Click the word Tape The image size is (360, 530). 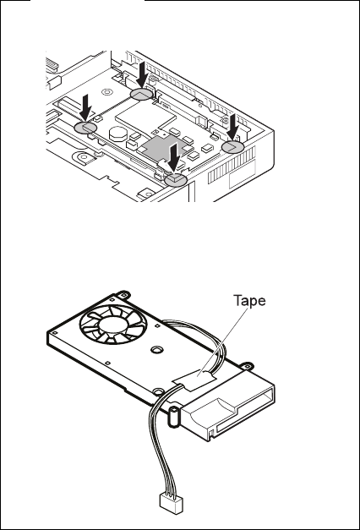(x=249, y=300)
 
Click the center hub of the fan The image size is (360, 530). (x=113, y=325)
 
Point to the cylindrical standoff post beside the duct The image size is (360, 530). (x=173, y=417)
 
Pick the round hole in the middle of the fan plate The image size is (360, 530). (x=155, y=350)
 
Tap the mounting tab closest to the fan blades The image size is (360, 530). (x=123, y=294)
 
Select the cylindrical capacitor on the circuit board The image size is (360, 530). (x=118, y=133)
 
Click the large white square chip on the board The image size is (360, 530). (x=145, y=116)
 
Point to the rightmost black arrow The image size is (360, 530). (x=233, y=127)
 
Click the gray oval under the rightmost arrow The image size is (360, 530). (x=232, y=146)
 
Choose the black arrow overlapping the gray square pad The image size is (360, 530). (x=174, y=156)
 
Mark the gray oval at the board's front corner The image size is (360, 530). (x=176, y=179)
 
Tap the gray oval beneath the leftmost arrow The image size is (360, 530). (x=85, y=128)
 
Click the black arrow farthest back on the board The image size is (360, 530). (x=141, y=74)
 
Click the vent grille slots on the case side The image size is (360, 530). (x=232, y=167)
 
